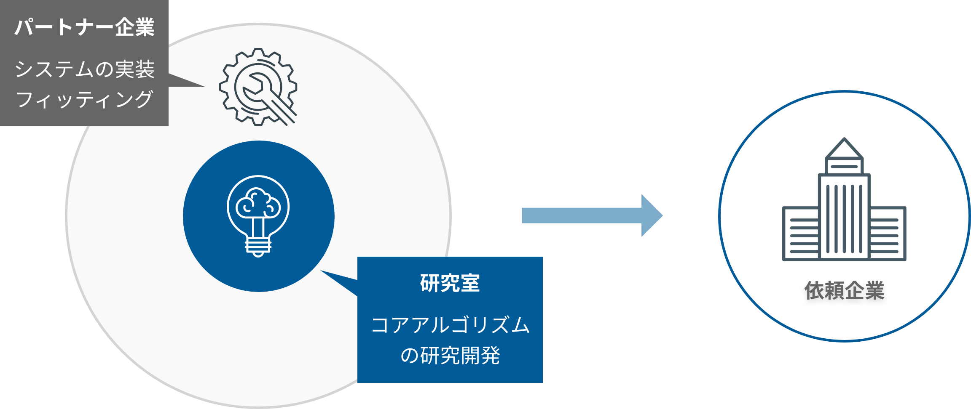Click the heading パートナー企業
point(84,28)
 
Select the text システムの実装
point(84,69)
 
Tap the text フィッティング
point(84,100)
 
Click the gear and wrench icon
point(258,87)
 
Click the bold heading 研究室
point(450,283)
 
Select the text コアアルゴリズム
point(450,325)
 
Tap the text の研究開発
point(450,356)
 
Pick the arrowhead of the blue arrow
point(651,215)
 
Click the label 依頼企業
point(844,290)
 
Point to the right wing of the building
point(887,234)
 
